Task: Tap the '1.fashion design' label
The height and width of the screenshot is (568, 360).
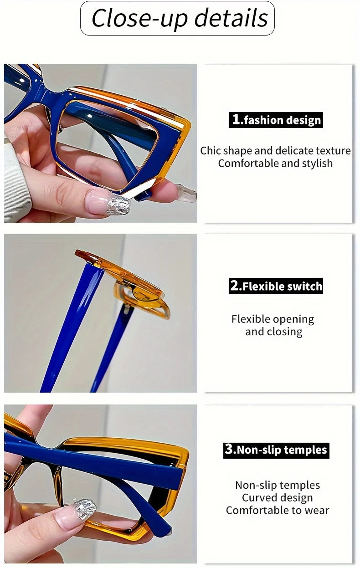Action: [276, 120]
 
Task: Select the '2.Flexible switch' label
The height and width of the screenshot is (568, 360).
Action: [276, 286]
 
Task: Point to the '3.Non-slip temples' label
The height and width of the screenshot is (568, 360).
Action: [276, 450]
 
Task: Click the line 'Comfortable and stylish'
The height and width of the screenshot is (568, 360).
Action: [275, 164]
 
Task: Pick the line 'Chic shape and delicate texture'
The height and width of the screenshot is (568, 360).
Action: [275, 151]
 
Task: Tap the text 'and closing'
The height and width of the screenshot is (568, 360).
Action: [273, 332]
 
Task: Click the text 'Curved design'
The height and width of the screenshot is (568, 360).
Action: [277, 498]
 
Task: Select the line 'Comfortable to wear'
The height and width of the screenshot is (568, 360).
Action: [277, 511]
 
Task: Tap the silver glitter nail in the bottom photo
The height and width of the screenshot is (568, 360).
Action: [85, 508]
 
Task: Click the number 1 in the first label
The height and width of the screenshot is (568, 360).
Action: [236, 120]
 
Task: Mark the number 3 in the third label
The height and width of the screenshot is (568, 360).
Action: [229, 450]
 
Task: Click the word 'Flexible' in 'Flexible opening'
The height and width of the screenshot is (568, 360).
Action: [249, 319]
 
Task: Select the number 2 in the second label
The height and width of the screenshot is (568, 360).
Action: [235, 286]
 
